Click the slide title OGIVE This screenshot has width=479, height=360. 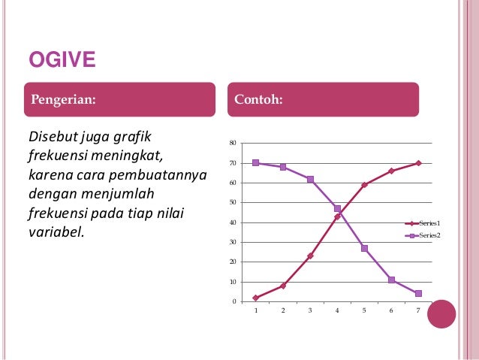[x=62, y=59]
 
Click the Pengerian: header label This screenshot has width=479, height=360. [x=63, y=99]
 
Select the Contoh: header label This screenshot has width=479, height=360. [x=259, y=99]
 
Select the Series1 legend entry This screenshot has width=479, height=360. [x=429, y=223]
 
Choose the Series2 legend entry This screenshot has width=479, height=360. [x=429, y=235]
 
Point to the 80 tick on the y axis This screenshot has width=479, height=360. [x=232, y=143]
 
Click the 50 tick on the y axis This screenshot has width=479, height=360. [x=232, y=202]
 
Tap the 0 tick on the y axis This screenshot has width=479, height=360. [x=233, y=301]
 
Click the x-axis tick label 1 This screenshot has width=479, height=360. [x=256, y=310]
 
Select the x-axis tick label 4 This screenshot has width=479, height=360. [x=337, y=310]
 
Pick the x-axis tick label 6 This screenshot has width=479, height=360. [x=391, y=310]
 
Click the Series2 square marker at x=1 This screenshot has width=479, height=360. [x=256, y=163]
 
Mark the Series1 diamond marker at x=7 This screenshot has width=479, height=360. [x=418, y=163]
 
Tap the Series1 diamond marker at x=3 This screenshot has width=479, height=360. [x=310, y=256]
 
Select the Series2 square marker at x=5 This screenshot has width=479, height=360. [x=364, y=248]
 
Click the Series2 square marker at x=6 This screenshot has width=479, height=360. [x=391, y=280]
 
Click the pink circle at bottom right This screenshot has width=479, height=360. [x=441, y=314]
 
